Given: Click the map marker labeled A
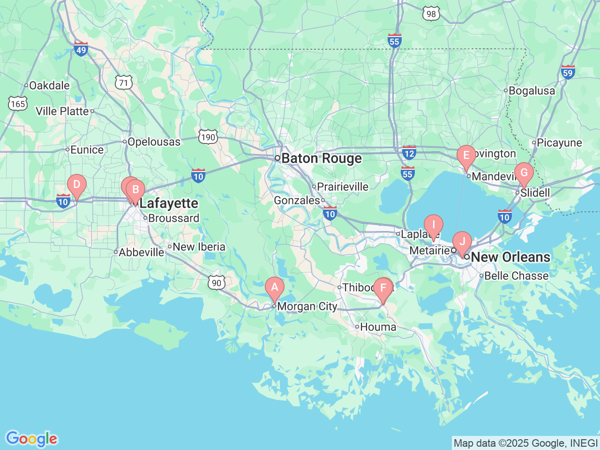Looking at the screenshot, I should (274, 287).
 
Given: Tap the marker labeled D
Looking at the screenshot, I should (76, 185).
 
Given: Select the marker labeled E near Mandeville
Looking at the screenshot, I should (466, 156).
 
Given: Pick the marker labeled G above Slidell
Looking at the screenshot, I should (524, 172).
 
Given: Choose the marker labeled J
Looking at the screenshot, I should (462, 242).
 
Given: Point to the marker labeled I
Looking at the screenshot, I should (433, 225).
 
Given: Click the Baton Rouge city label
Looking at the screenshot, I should (322, 158).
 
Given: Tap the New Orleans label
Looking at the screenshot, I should (510, 257).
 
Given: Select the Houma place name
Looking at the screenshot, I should (378, 327).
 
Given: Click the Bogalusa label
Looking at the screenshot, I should (532, 90).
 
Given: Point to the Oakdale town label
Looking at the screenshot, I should (49, 85).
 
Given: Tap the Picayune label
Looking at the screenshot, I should (559, 142).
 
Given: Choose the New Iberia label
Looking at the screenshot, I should (199, 247).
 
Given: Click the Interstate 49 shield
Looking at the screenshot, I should (81, 48).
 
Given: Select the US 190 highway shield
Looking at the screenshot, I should (208, 137).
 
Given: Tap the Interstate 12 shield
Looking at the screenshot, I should (409, 152).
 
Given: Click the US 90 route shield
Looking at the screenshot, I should (216, 283).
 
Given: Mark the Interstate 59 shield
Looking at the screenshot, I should (568, 72).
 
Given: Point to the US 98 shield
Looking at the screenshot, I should (431, 14).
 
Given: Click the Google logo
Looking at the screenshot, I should (31, 439).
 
